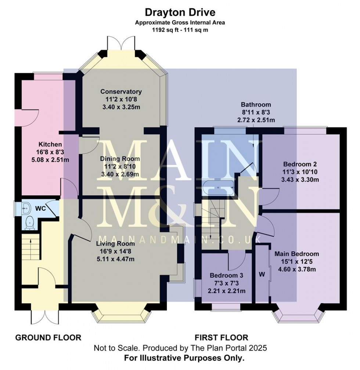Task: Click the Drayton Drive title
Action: click(180, 12)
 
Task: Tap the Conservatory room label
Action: click(121, 91)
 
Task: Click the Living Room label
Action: click(115, 243)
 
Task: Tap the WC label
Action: click(40, 208)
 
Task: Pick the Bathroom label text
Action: click(256, 105)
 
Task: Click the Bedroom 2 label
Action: click(300, 164)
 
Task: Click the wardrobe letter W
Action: click(262, 273)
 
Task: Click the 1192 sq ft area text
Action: click(180, 30)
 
